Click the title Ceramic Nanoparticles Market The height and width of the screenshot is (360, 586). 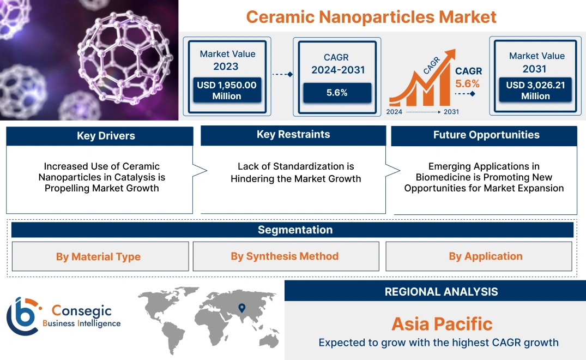371,16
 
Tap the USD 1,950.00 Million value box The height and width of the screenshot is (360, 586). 227,91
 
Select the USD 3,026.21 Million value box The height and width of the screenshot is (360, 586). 535,91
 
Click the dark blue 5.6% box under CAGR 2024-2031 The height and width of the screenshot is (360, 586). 337,93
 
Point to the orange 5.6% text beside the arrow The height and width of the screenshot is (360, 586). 468,83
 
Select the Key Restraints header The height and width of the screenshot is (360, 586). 293,135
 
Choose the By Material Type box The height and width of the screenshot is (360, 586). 98,256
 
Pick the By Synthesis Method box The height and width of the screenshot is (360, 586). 285,256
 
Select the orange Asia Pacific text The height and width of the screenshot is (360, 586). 442,324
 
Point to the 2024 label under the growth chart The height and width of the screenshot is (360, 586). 395,112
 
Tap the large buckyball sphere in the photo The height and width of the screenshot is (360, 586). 123,60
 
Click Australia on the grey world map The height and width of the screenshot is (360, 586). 268,339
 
